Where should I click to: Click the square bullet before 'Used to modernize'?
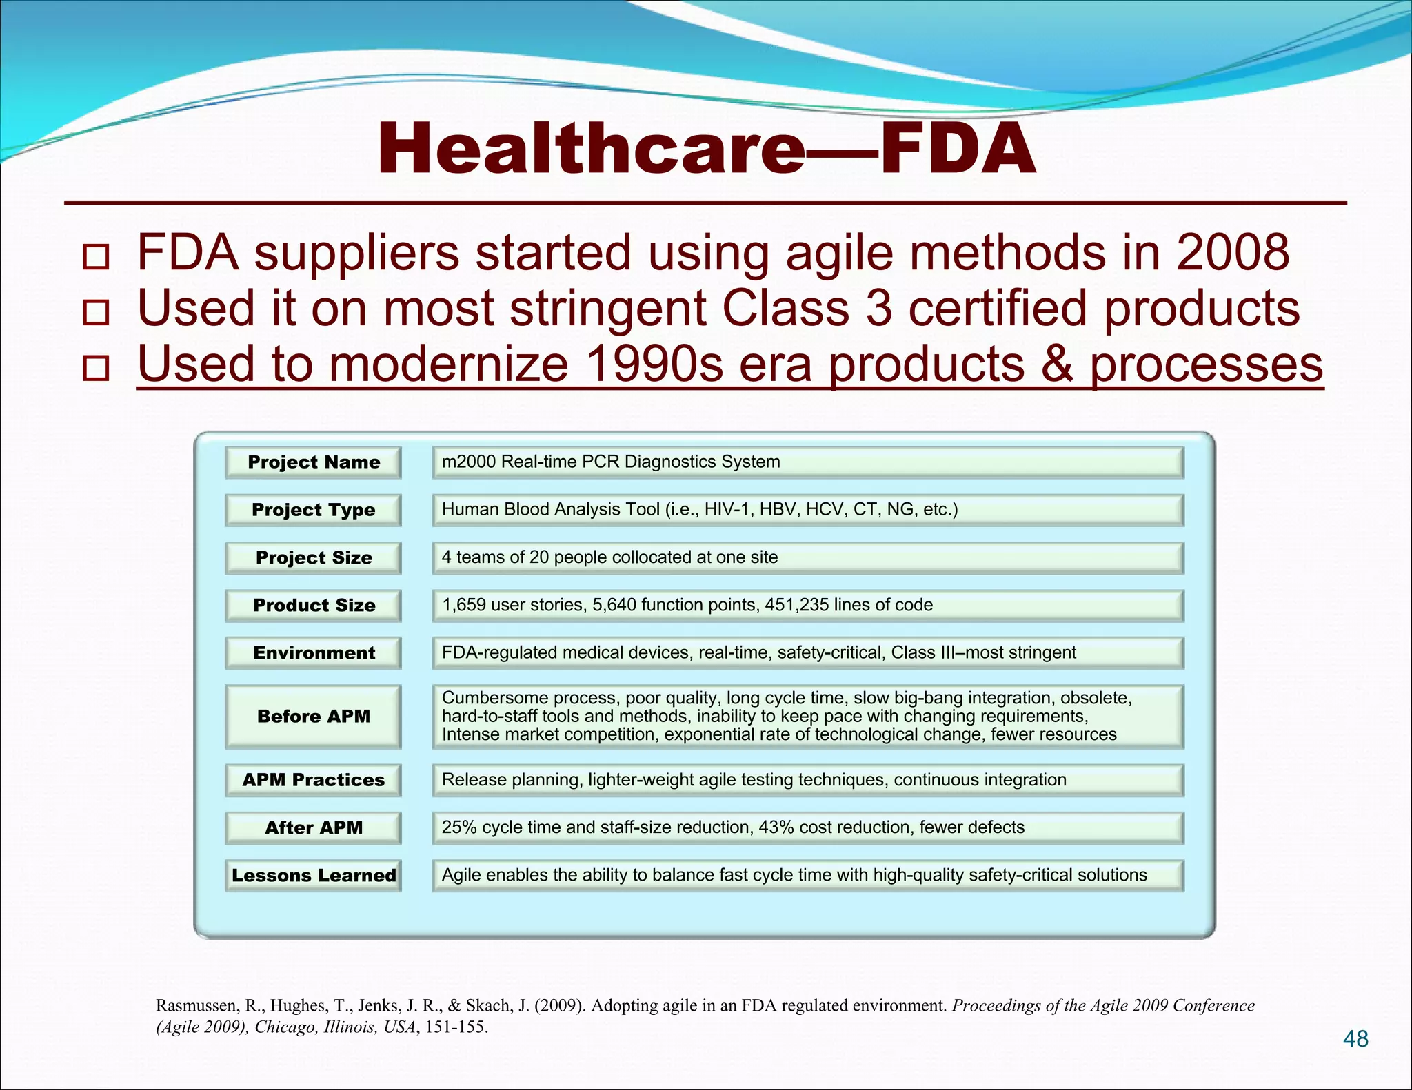click(96, 367)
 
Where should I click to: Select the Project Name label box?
click(313, 462)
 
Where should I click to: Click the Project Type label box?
click(313, 510)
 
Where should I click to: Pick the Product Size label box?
click(313, 606)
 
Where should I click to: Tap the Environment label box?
click(313, 653)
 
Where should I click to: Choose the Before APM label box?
click(313, 717)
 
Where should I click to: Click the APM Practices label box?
click(313, 780)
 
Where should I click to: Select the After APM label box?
click(313, 827)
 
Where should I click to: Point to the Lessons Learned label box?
click(313, 876)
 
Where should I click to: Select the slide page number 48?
click(1355, 1039)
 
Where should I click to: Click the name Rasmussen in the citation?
click(196, 1006)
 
